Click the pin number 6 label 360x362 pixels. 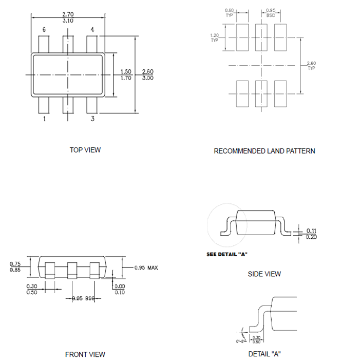coord(44,30)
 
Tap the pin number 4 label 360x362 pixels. coord(92,30)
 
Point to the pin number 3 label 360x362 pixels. coord(92,119)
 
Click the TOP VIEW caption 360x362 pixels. coord(85,150)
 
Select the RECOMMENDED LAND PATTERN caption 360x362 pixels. coord(264,151)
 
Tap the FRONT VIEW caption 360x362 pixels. coord(85,354)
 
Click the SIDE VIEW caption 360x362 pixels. coord(264,274)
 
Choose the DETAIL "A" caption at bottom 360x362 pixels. coord(264,354)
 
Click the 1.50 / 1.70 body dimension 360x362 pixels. coord(125,75)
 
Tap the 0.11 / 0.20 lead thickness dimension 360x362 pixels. coord(311,234)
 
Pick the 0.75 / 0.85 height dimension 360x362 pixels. coord(16,267)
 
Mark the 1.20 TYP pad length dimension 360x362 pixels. coord(215,37)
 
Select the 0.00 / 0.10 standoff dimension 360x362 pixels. coord(120,289)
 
